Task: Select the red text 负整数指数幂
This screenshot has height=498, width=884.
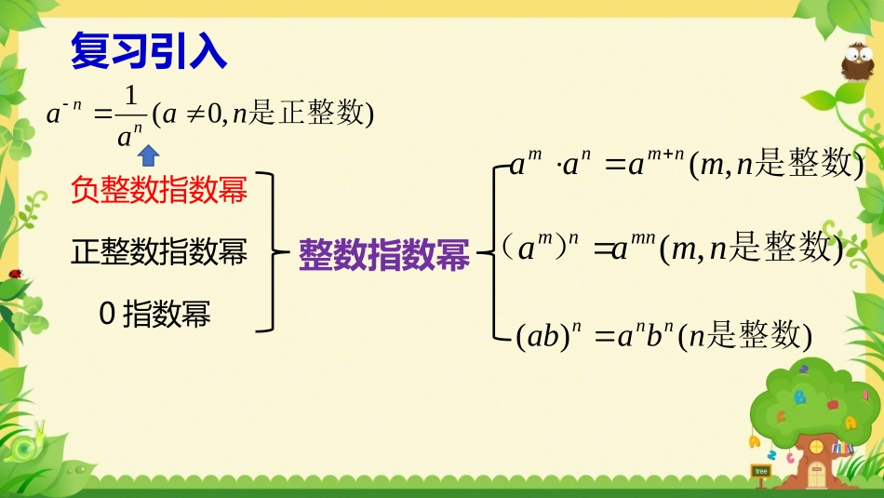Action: [x=159, y=192]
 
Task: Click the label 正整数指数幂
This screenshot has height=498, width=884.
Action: [x=159, y=251]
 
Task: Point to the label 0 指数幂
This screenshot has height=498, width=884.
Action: [x=154, y=314]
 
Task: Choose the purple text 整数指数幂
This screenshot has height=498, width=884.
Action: [x=383, y=253]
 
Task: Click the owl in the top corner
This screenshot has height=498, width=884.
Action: [x=856, y=64]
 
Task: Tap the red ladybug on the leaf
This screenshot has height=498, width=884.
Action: [x=15, y=273]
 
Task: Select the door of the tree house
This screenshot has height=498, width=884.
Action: [x=816, y=471]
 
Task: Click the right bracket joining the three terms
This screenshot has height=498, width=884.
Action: [x=269, y=251]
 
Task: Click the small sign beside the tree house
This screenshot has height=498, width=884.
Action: [x=760, y=473]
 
